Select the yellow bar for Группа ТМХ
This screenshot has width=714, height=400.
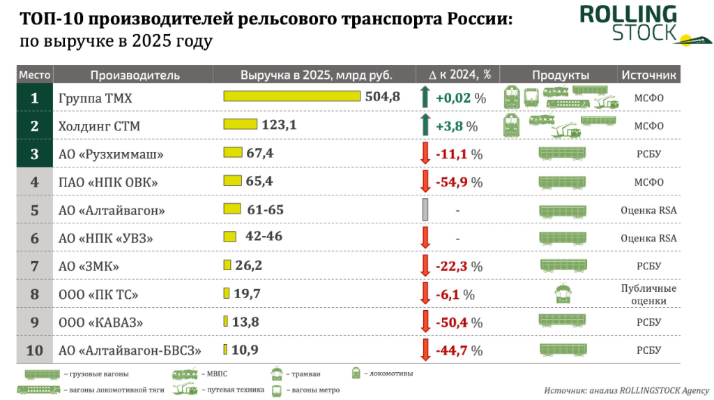pyautogui.click(x=292, y=96)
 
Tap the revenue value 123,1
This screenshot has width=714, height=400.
pyautogui.click(x=279, y=124)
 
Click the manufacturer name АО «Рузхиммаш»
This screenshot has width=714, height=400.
pyautogui.click(x=111, y=154)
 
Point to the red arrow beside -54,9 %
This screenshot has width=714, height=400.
pyautogui.click(x=425, y=182)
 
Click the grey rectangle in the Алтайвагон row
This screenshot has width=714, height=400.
pyautogui.click(x=425, y=210)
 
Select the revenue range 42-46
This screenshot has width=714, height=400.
pyautogui.click(x=264, y=236)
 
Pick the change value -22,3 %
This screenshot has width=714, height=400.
pyautogui.click(x=459, y=267)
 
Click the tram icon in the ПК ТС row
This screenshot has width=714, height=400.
pyautogui.click(x=563, y=294)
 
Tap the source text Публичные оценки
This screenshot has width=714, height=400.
pyautogui.click(x=648, y=294)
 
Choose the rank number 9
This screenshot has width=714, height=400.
pyautogui.click(x=35, y=323)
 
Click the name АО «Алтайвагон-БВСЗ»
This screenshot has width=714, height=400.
pyautogui.click(x=130, y=350)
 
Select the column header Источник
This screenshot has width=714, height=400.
pyautogui.click(x=649, y=75)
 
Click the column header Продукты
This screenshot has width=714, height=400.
pyautogui.click(x=561, y=75)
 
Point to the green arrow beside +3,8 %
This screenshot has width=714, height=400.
pyautogui.click(x=425, y=124)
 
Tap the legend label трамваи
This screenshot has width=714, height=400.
pyautogui.click(x=306, y=374)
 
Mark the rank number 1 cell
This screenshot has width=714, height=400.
pyautogui.click(x=35, y=98)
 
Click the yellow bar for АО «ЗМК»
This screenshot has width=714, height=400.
pyautogui.click(x=227, y=265)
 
